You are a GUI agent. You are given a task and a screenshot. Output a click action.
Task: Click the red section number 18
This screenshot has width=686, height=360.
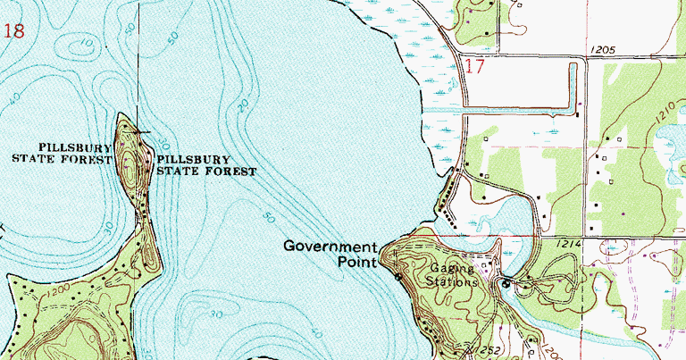[x=13, y=32]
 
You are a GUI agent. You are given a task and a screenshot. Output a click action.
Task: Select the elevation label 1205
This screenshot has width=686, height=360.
[x=604, y=51]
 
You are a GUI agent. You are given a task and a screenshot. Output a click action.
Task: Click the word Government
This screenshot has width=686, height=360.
[x=330, y=247]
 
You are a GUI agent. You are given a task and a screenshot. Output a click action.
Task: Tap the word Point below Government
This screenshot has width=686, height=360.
[x=357, y=263]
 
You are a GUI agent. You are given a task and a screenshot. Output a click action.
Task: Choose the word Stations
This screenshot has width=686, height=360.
[x=452, y=281]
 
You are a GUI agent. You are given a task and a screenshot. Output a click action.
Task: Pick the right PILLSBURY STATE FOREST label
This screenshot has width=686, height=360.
[x=205, y=165]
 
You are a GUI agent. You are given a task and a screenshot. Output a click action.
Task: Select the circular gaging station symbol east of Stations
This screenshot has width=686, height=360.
[x=506, y=284]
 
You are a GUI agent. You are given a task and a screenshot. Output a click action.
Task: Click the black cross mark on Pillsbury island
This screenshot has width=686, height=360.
[x=138, y=131]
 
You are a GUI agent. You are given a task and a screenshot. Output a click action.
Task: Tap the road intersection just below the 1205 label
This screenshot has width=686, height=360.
[x=585, y=60]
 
